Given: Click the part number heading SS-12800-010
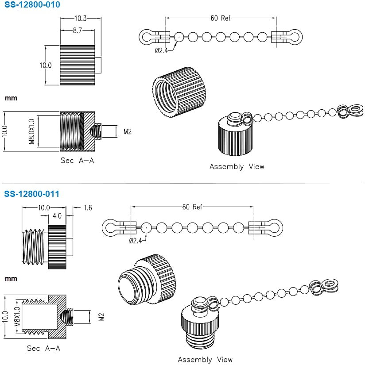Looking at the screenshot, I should pyautogui.click(x=32, y=5).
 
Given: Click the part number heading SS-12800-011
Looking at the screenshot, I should pyautogui.click(x=32, y=194).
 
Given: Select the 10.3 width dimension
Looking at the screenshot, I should pyautogui.click(x=80, y=19).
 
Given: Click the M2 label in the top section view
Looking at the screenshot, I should pyautogui.click(x=128, y=131).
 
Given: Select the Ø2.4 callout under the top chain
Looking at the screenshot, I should pyautogui.click(x=160, y=50).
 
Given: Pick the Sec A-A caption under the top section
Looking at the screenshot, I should pyautogui.click(x=77, y=161).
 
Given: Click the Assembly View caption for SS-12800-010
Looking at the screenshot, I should pyautogui.click(x=237, y=167).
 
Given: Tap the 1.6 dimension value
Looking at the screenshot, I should pyautogui.click(x=87, y=207).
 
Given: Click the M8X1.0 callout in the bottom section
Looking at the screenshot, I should pyautogui.click(x=17, y=316).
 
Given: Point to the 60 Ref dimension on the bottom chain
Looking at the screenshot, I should pyautogui.click(x=192, y=207).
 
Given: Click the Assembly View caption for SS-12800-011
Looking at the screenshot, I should pyautogui.click(x=205, y=360).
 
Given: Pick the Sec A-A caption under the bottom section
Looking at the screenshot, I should pyautogui.click(x=43, y=348).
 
